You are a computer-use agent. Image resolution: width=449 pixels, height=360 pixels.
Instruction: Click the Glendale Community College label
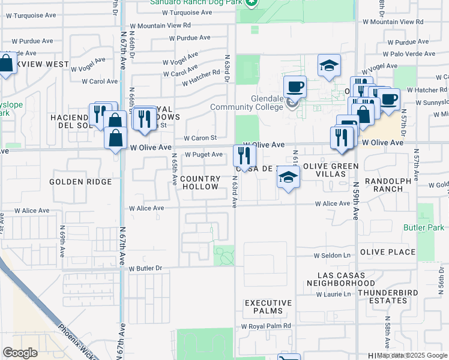click(246, 103)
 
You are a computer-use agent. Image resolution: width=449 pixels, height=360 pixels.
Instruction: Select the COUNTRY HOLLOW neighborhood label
click(200, 183)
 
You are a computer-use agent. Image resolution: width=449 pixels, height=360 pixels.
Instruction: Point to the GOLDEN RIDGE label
click(80, 182)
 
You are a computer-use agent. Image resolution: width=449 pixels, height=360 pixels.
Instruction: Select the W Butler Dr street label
click(145, 268)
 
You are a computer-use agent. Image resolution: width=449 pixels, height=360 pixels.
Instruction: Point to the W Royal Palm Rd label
click(266, 326)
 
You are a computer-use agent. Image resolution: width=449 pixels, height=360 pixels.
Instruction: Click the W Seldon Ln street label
click(333, 256)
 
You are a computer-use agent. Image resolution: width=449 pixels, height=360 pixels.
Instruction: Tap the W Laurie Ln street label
click(333, 294)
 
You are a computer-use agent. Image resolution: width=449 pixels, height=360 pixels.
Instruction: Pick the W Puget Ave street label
click(203, 154)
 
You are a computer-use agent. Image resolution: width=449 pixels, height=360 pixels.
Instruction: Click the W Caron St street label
click(199, 138)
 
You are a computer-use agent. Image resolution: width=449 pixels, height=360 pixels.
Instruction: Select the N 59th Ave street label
click(355, 201)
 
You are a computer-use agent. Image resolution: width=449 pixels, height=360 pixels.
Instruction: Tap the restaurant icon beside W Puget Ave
click(244, 156)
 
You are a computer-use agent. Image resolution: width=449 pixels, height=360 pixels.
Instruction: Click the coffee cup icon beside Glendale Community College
click(295, 87)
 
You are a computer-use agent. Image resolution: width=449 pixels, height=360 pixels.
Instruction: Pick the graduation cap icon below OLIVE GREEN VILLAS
click(289, 178)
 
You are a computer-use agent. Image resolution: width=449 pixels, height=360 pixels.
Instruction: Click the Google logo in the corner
click(20, 353)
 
